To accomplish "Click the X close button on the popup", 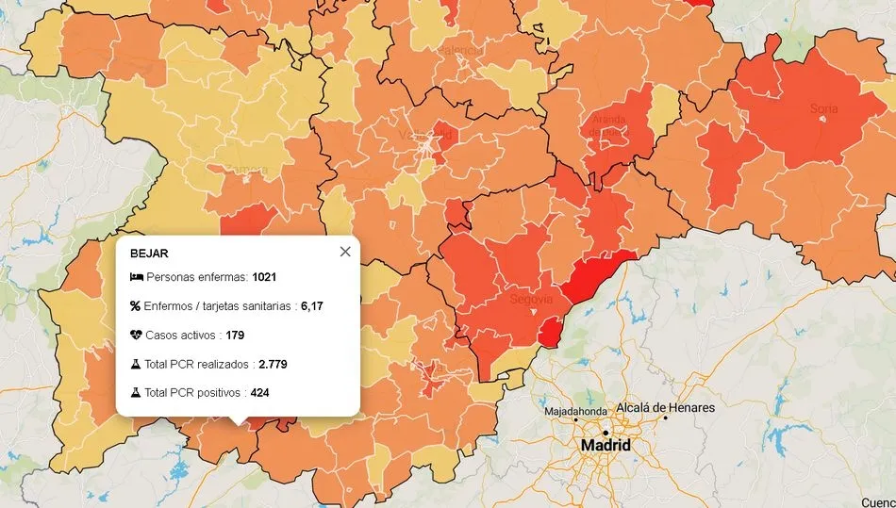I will (345, 252).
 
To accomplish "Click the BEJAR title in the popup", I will (149, 254).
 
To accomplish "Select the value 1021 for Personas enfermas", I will (264, 277).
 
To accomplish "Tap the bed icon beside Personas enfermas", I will (136, 277).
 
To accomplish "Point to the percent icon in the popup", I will (135, 306).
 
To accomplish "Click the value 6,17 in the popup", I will (312, 306).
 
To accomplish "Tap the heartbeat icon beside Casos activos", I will (136, 335).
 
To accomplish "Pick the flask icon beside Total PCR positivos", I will (135, 392).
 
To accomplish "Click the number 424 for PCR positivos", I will (260, 392).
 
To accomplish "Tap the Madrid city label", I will (606, 445).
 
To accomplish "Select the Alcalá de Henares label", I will (665, 408).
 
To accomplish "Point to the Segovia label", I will (529, 299).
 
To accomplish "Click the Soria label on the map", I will (823, 108).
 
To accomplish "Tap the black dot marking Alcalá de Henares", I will (666, 418).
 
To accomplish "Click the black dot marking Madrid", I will (606, 432).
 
